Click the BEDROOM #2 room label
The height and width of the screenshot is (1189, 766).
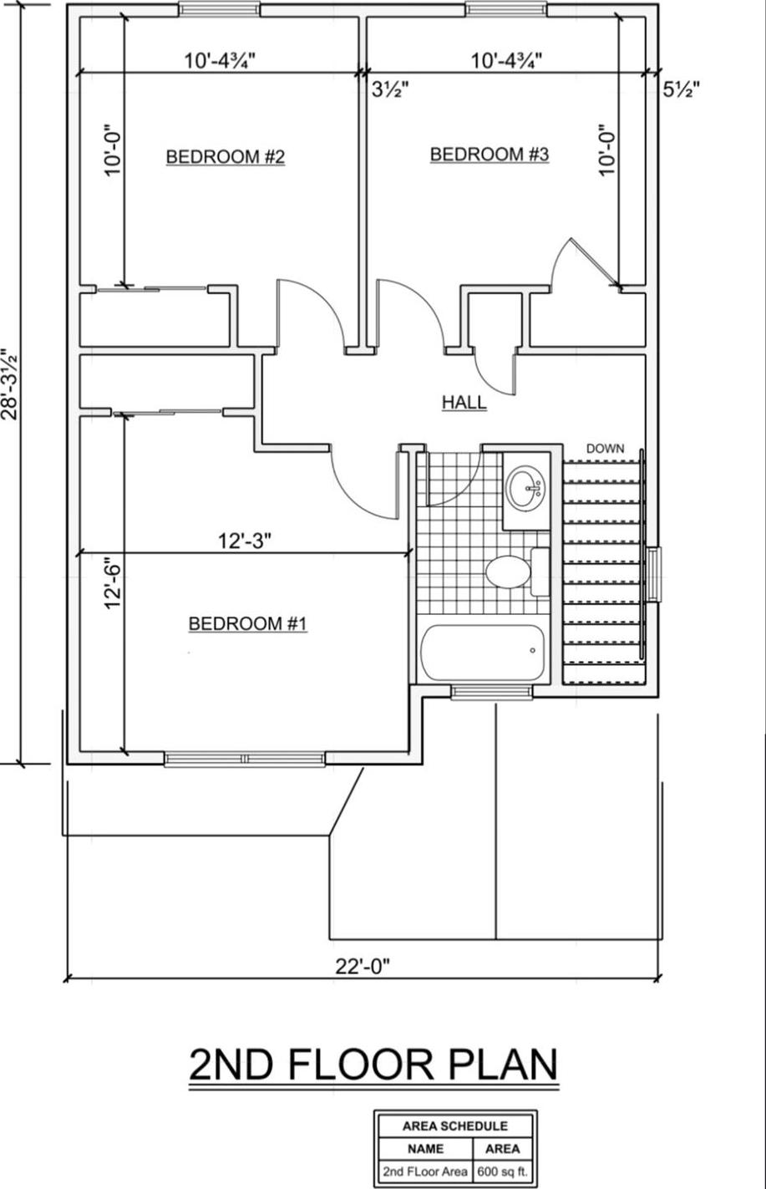pos(226,157)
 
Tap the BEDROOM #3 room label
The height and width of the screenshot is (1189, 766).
pos(489,155)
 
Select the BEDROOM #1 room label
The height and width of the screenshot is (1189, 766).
pos(248,623)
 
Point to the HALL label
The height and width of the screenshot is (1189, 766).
pos(464,403)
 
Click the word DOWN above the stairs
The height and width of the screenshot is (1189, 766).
pos(605,449)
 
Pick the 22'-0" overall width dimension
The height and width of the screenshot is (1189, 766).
pos(363,967)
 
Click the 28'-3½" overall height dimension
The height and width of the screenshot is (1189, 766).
pos(10,384)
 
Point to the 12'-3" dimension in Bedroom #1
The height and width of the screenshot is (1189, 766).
pos(245,541)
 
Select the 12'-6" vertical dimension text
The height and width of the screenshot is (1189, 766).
pos(114,584)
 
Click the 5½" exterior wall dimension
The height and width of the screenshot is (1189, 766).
pos(681,90)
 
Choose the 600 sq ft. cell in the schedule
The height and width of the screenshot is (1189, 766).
pos(502,1171)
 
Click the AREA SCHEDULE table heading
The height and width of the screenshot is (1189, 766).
pos(454,1125)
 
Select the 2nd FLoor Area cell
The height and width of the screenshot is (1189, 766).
pos(424,1171)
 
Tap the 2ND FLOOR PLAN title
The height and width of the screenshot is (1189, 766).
pos(373,1065)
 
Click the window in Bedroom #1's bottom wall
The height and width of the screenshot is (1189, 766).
pos(244,759)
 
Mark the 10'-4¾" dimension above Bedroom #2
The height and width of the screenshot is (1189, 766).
pos(219,60)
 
